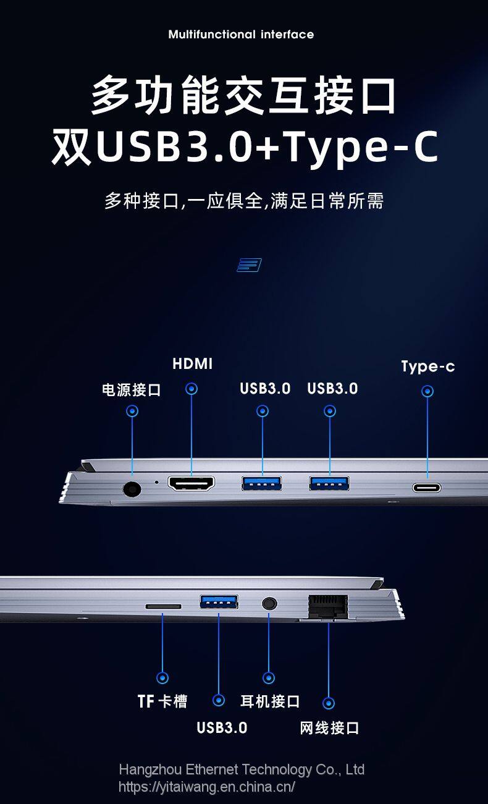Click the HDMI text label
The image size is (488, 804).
point(192,363)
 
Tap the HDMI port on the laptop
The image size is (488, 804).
point(191,484)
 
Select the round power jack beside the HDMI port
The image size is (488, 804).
point(132,489)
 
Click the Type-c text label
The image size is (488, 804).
point(427,367)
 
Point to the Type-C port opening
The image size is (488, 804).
point(427,488)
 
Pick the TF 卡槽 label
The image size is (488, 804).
point(162,701)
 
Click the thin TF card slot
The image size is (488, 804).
point(163,606)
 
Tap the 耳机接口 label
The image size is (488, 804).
point(270,701)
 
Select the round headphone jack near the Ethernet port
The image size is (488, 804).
point(269,603)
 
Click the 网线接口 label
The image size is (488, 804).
point(329,728)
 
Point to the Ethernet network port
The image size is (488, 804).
point(328,607)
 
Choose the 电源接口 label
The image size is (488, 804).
point(132,390)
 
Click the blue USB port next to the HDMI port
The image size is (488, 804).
point(261,483)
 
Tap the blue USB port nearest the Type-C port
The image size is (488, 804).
point(329,483)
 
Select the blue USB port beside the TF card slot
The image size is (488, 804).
point(219,602)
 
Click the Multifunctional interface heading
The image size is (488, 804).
point(241,35)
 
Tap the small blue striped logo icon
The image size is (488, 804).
point(249,265)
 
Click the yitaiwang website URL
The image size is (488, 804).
point(207,787)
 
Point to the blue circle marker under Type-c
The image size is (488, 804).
point(427,391)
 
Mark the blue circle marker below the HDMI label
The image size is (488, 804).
point(191,388)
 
